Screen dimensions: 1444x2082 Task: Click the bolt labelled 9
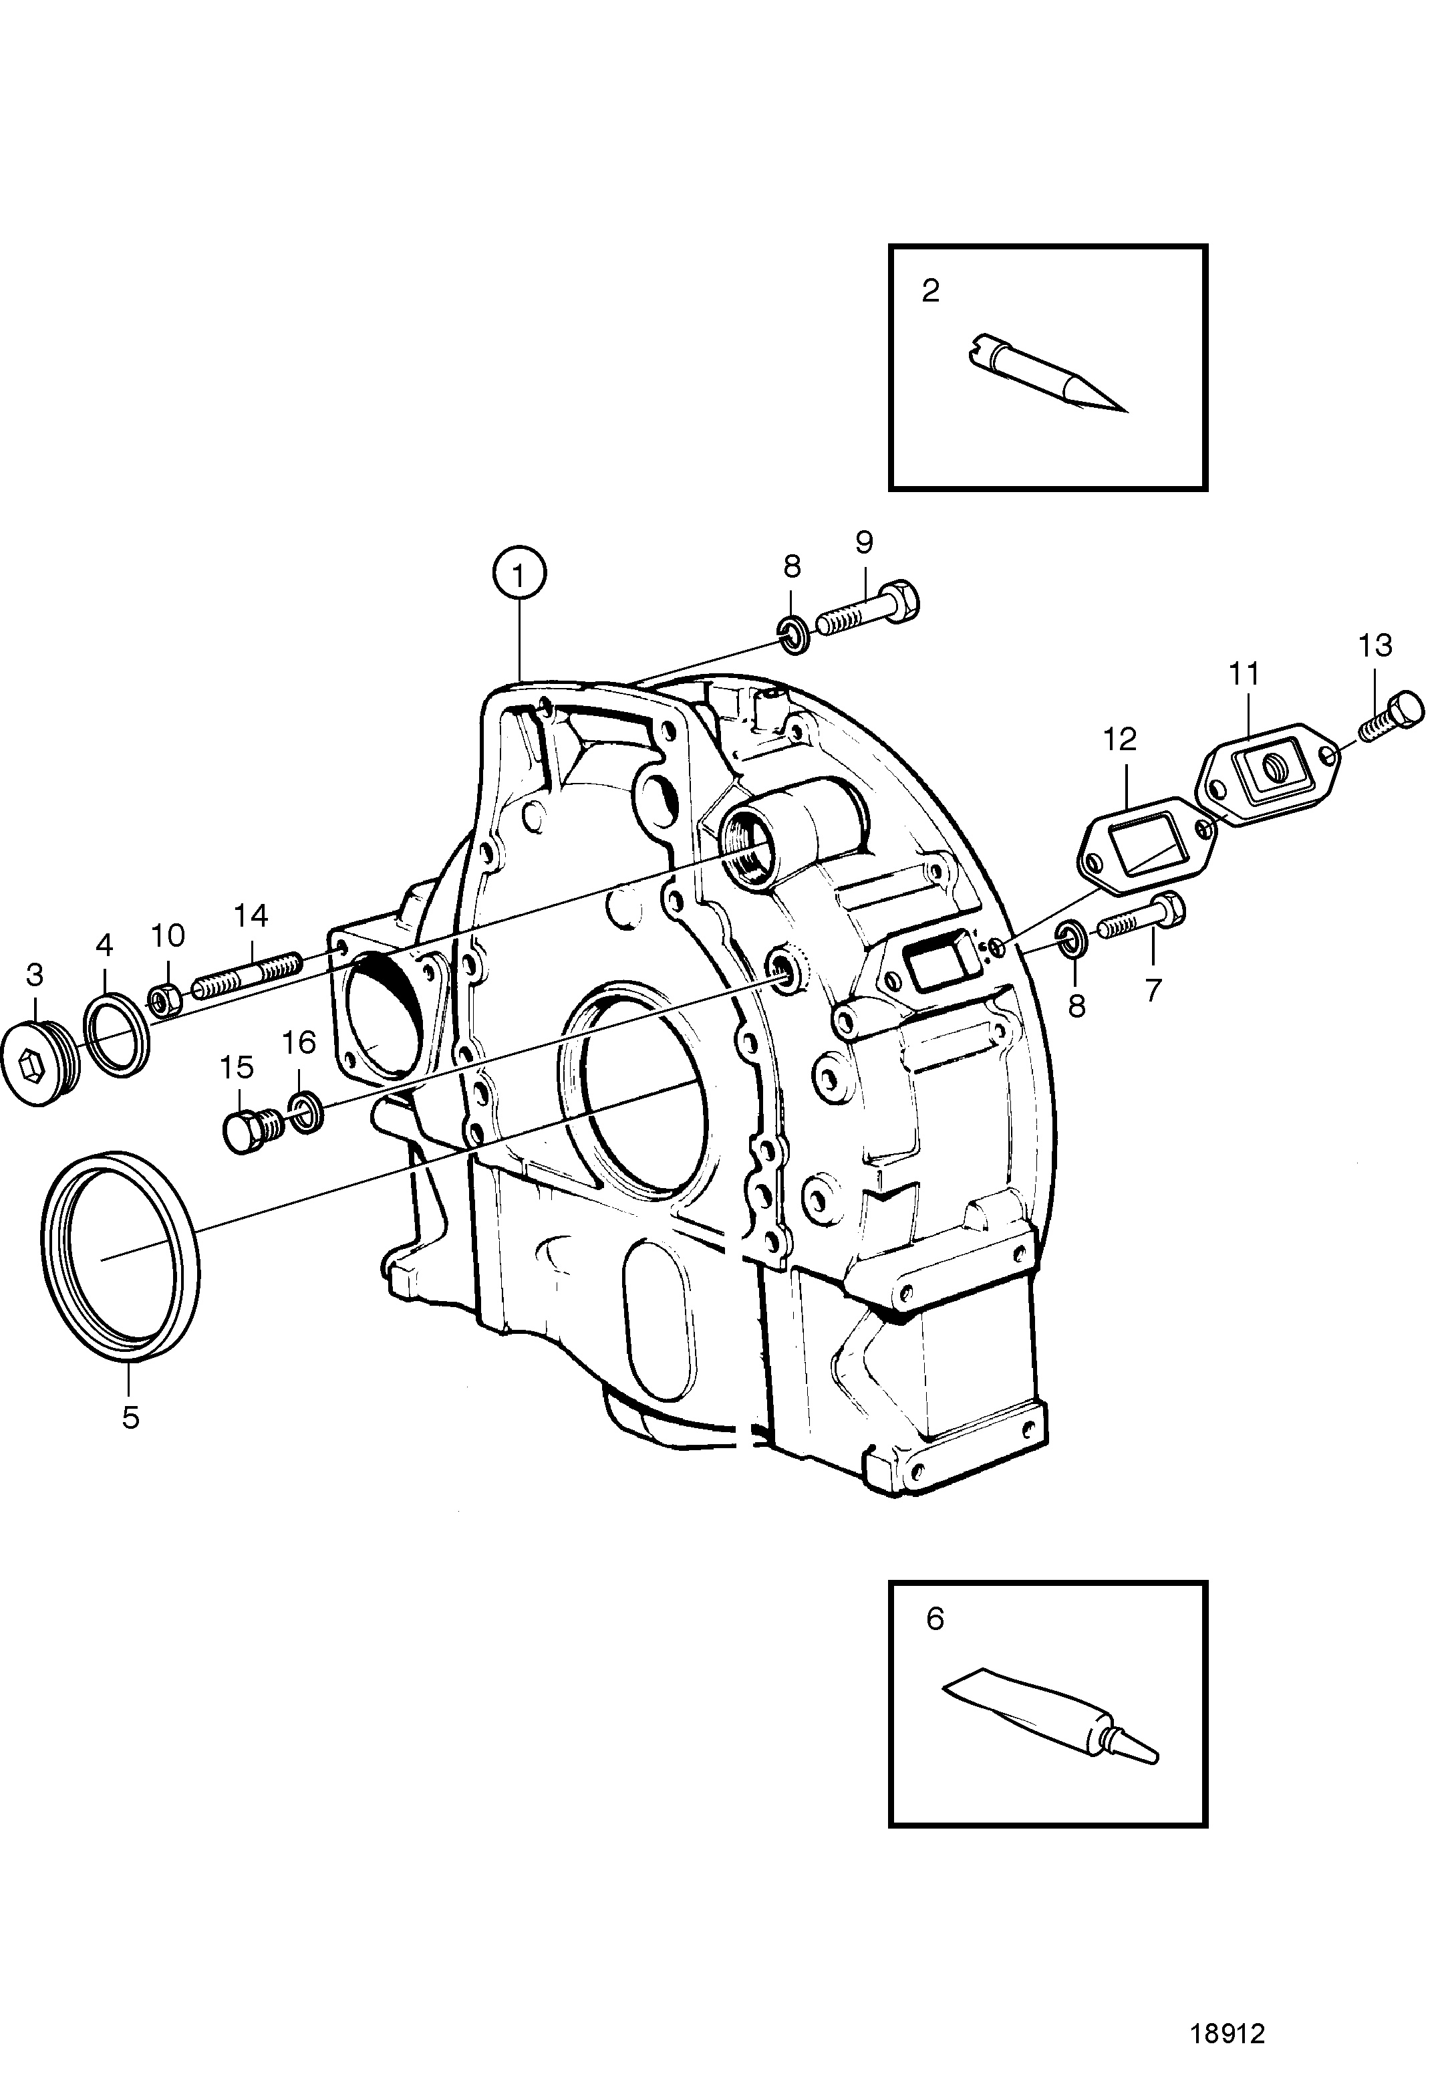point(869,611)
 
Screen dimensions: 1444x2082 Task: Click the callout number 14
point(251,916)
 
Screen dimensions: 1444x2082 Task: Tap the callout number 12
point(1119,739)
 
